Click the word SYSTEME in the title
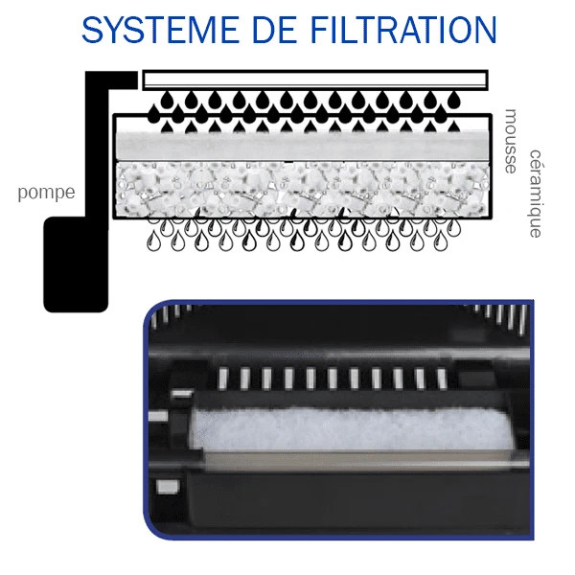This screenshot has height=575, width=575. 160,30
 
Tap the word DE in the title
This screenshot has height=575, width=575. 274,30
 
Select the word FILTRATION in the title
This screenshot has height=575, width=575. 403,30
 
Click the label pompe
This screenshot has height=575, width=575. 47,193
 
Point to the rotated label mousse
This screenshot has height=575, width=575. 511,141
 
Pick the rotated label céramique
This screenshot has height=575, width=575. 535,194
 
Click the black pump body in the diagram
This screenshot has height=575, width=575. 76,264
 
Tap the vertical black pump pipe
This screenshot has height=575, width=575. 97,150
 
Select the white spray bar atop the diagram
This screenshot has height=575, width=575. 315,80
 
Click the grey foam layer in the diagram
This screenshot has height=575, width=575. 303,147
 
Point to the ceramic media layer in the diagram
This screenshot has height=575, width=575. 303,189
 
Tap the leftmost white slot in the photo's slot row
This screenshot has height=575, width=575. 223,379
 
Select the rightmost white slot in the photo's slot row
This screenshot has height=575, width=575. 442,379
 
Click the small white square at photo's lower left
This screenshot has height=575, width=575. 168,487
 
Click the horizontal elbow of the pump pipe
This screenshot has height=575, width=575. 112,80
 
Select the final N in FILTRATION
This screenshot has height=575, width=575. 485,30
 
